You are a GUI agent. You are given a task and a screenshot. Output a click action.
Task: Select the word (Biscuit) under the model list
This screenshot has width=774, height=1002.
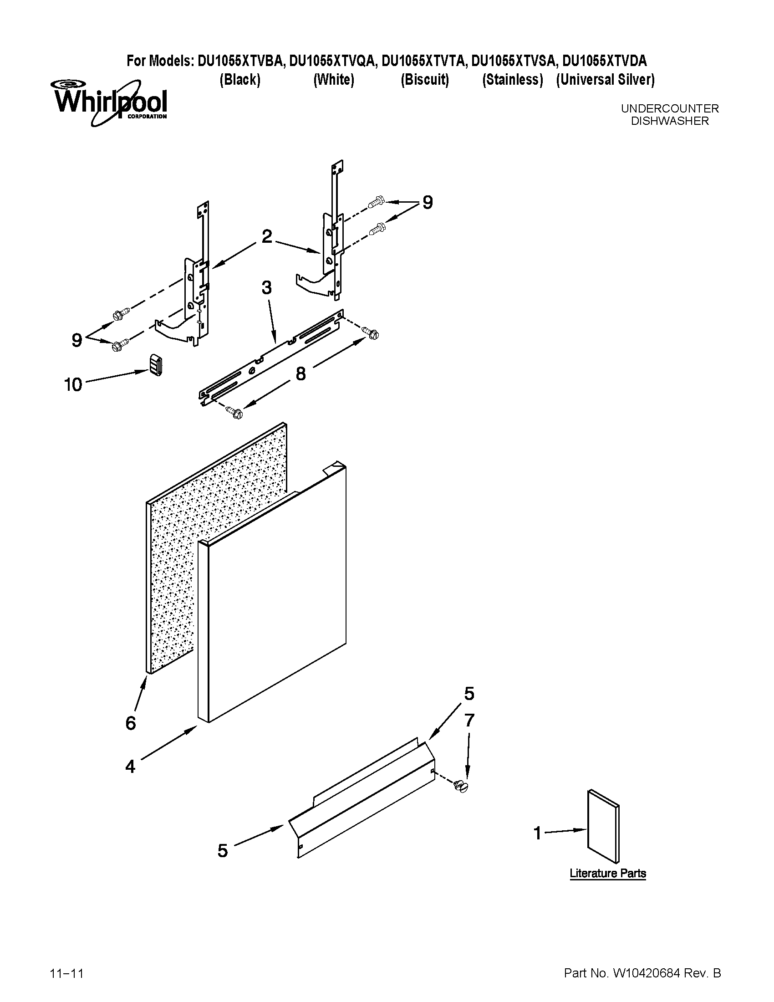(424, 80)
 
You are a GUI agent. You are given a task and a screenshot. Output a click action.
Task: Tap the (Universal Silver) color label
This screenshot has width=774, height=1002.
(605, 80)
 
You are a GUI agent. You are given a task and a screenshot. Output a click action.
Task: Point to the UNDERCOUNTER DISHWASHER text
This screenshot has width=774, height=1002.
(669, 115)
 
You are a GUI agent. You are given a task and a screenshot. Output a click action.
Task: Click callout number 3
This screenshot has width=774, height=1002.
(266, 288)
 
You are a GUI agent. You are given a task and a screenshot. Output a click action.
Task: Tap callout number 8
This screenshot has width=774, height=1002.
(300, 374)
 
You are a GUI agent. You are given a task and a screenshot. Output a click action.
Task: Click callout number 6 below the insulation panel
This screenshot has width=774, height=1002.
(131, 724)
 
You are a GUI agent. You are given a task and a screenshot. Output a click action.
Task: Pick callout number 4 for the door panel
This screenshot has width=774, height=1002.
(130, 766)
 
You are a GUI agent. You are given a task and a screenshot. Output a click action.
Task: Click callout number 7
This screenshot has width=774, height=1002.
(468, 721)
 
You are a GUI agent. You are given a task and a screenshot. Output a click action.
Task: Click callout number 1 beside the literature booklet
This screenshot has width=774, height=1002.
(537, 833)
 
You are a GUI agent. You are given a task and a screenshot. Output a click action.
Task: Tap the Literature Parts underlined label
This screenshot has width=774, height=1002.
(607, 873)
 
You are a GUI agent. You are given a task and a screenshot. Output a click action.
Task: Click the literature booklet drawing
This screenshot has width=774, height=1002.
(603, 826)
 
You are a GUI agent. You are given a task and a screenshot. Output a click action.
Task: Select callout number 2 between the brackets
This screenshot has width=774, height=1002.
(267, 237)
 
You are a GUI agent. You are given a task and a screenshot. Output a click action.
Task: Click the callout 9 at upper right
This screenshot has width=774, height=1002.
(428, 202)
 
